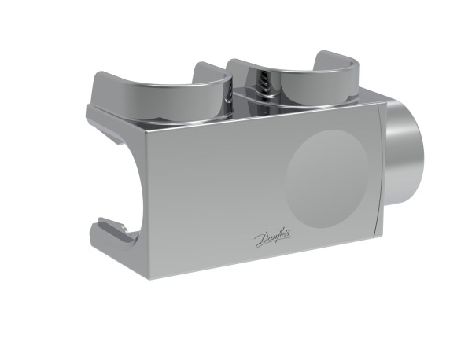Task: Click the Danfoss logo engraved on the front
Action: click(x=272, y=238)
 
